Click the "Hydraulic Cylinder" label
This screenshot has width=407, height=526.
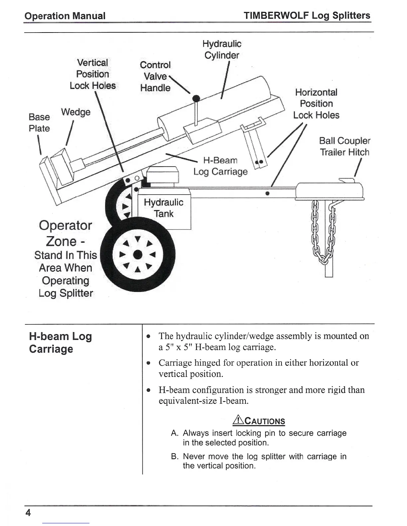point(222,49)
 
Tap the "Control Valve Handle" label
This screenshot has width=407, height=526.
point(155,76)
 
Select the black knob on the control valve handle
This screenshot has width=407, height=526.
point(197,98)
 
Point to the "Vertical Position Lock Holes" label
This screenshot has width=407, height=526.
point(92,74)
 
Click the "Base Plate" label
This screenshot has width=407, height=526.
point(39,123)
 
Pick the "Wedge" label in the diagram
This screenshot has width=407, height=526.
point(75,112)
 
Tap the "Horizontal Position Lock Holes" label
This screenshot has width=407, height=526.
point(316,104)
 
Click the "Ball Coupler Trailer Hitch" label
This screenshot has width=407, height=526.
point(344,146)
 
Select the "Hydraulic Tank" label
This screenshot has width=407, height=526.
point(163,208)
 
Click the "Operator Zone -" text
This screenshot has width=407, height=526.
point(65,233)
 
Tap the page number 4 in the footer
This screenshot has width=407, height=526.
point(28,513)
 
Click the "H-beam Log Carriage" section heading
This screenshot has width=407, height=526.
point(60,342)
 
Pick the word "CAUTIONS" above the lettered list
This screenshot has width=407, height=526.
point(265,421)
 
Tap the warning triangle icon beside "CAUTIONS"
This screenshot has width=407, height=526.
point(238,421)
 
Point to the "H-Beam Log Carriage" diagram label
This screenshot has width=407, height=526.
point(220,166)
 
